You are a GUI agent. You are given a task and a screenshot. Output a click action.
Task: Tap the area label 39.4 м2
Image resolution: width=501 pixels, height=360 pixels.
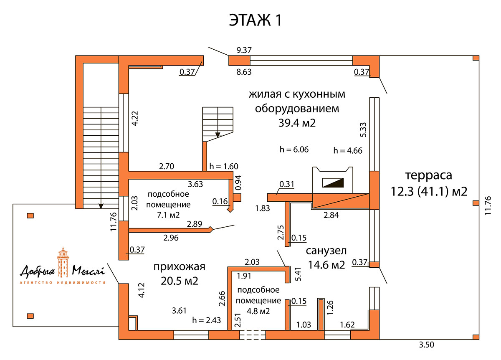pos(297,122)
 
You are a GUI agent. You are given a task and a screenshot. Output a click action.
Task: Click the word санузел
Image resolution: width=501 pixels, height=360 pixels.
pos(326,251)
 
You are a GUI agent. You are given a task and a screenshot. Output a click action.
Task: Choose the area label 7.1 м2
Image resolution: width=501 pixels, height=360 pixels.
pos(168,215)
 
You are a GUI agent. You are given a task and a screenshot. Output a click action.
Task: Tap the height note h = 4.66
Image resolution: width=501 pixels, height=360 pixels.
pos(348,150)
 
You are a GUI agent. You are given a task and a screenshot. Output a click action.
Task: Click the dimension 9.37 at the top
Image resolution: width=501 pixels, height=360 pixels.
pos(244,50)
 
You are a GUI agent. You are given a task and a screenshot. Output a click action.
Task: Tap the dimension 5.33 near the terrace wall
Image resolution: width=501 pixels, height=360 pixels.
pos(363,130)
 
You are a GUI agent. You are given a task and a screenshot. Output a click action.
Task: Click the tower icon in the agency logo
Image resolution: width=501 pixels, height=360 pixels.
pos(63,261)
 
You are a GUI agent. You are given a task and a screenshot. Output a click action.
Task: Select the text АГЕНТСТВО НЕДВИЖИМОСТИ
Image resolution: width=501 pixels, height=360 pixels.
pos(63,283)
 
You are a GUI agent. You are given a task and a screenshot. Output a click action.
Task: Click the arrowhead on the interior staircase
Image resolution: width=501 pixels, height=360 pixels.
pos(218,134)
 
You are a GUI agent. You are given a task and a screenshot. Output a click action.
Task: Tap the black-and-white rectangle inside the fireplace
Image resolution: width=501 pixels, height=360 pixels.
pos(333,183)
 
